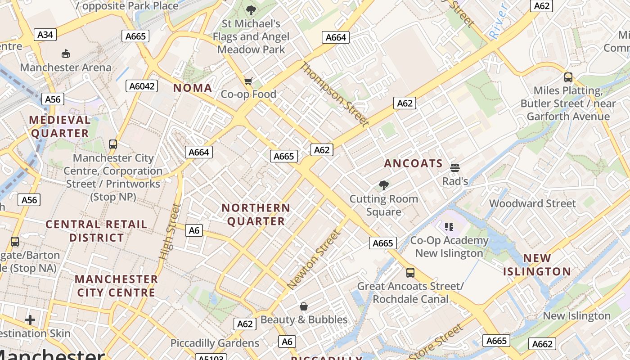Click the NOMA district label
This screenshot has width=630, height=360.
point(193,88)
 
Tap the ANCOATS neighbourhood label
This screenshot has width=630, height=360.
point(413,163)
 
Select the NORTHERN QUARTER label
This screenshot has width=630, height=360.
point(256,215)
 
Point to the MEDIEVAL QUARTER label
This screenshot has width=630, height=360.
point(60,126)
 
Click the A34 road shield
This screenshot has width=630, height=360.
point(45,35)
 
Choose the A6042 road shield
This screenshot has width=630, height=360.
point(143,86)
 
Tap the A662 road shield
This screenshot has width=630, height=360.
point(542,344)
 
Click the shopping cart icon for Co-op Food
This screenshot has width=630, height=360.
point(248,81)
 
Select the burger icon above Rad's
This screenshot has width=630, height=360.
point(455,168)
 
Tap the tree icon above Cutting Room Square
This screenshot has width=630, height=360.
point(384,185)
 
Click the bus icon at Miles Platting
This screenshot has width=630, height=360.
point(568,77)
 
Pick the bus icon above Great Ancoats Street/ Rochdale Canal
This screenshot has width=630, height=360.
point(410,272)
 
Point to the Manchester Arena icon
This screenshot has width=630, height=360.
point(66,54)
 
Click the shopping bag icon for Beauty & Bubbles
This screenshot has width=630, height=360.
point(304,306)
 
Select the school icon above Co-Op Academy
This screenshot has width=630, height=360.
point(449,227)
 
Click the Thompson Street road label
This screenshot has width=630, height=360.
point(334,94)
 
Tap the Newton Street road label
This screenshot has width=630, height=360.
point(313,260)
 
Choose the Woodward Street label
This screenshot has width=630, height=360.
point(532,203)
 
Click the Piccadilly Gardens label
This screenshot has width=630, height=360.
point(215,343)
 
